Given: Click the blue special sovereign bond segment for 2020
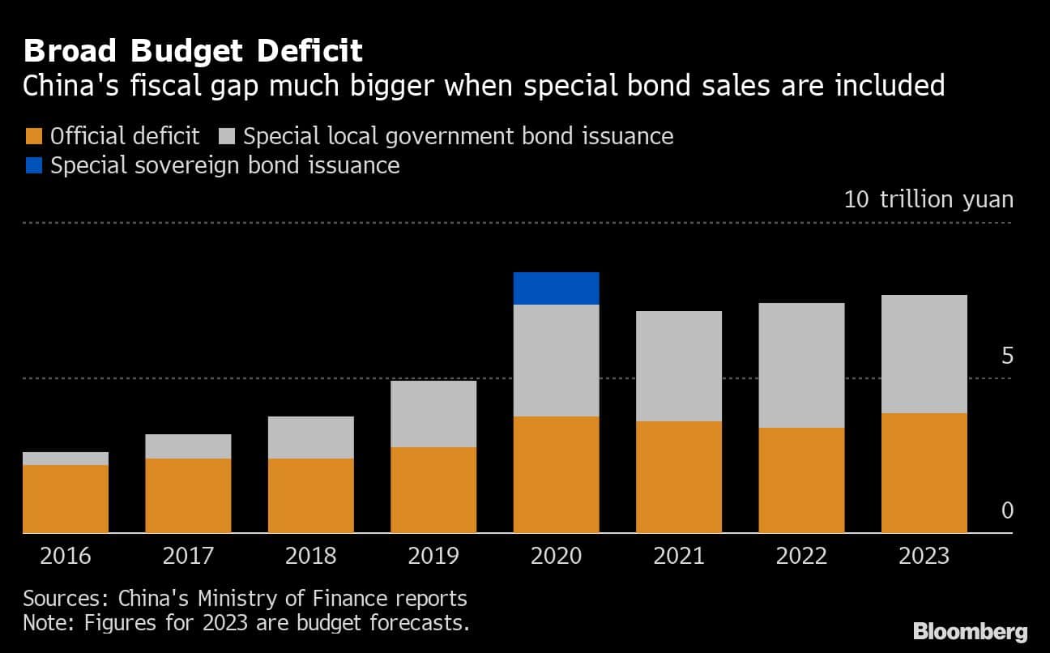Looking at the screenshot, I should tap(556, 288).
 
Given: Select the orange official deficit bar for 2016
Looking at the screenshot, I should tap(66, 498).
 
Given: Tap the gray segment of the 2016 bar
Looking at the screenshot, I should tap(66, 459).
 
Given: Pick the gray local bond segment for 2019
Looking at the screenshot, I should tap(433, 414).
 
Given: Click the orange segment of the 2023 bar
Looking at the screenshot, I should tap(924, 472).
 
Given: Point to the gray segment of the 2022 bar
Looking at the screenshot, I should tap(801, 365).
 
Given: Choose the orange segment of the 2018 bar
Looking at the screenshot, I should tap(310, 495).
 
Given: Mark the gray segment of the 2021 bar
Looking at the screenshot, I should tap(678, 366).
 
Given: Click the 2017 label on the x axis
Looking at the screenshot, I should tap(188, 557).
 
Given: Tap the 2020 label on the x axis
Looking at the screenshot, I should tap(556, 557).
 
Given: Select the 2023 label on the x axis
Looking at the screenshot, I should tap(924, 557).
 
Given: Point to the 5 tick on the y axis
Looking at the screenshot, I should tap(1007, 356).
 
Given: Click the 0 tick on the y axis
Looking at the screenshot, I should tap(1007, 510).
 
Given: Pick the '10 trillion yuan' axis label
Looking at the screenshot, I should tap(928, 199).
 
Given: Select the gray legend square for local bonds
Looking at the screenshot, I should tap(227, 136).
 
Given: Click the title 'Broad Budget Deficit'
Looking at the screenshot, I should tap(193, 51).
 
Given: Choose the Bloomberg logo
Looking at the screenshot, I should tap(970, 632).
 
